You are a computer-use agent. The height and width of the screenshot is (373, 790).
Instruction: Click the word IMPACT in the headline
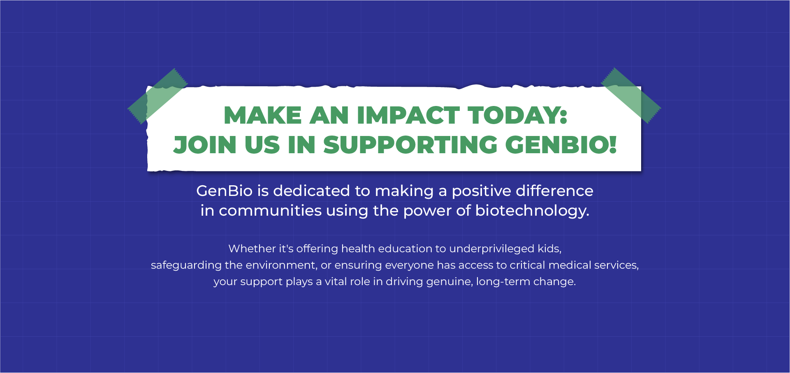tap(408, 115)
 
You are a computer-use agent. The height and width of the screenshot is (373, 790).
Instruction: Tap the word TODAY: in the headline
tap(517, 115)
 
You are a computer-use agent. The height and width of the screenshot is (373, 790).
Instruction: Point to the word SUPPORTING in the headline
tap(410, 145)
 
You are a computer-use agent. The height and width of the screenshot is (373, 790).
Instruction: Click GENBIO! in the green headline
tap(561, 145)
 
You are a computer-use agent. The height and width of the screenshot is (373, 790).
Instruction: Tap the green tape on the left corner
tap(158, 96)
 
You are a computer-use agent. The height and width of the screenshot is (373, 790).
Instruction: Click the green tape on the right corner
tap(631, 96)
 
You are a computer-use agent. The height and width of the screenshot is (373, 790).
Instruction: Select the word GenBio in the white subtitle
tap(224, 191)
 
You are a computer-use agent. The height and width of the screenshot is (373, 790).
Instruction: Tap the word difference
tap(555, 191)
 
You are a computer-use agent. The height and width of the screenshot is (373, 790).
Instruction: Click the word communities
tap(270, 211)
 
